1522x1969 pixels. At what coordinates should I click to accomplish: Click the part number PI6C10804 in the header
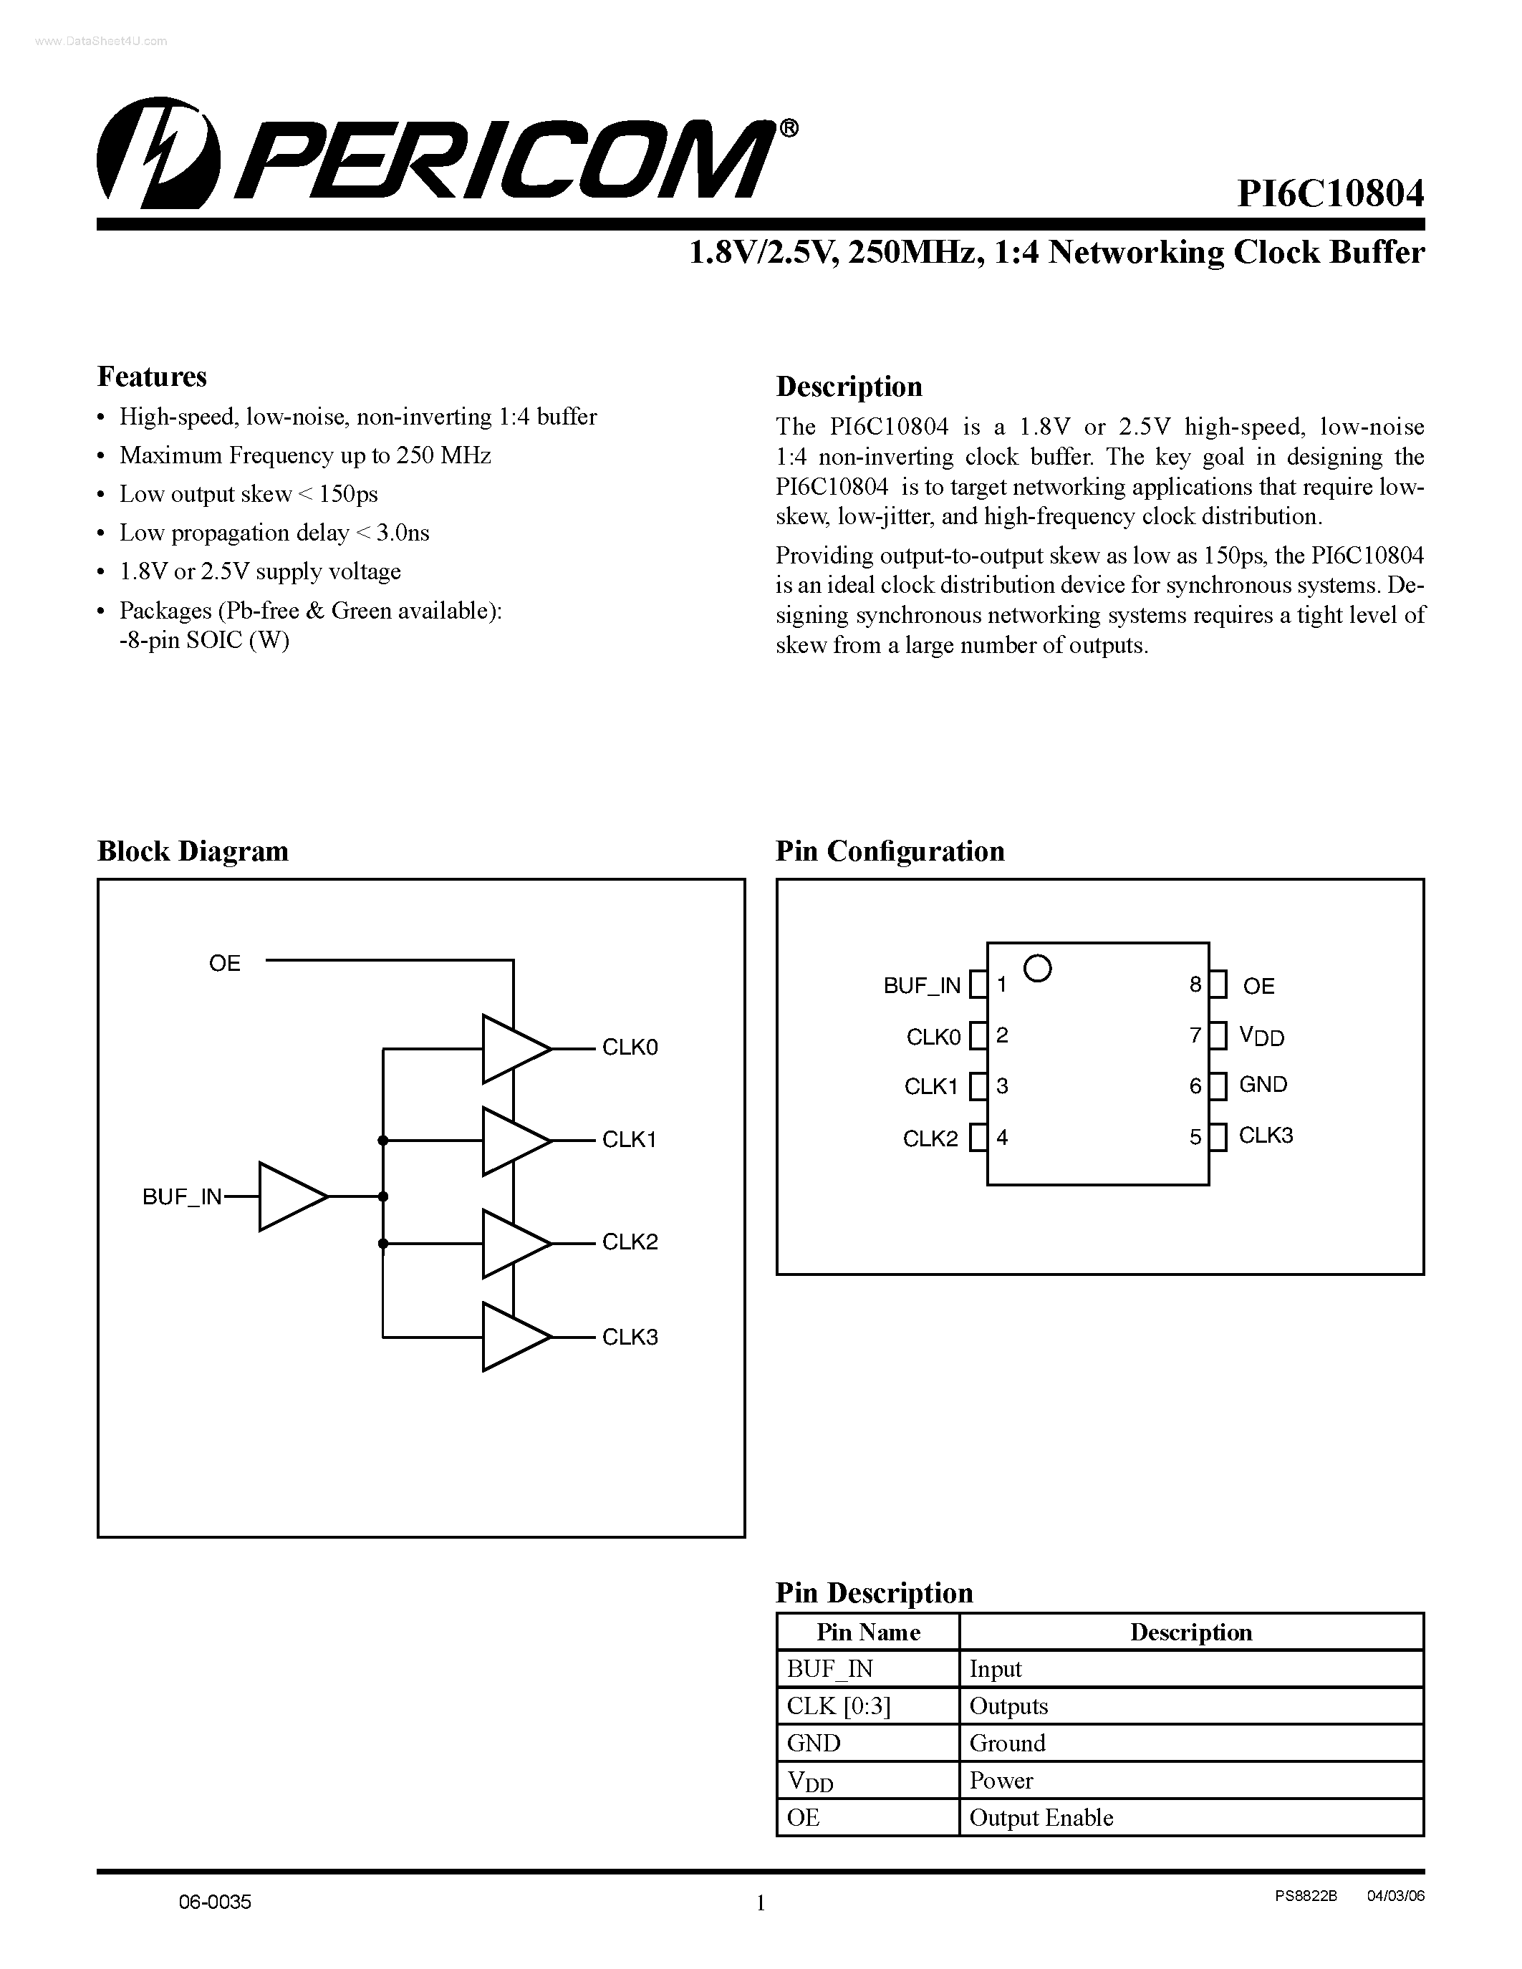(x=1330, y=194)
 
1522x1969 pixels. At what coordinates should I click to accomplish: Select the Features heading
(x=151, y=377)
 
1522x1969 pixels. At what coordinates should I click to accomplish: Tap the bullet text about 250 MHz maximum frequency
(x=305, y=455)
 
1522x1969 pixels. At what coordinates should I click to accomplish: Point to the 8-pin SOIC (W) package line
(x=205, y=640)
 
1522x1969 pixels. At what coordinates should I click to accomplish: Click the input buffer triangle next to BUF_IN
(x=290, y=1196)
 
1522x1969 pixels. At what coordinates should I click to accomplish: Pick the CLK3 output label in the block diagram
(x=630, y=1337)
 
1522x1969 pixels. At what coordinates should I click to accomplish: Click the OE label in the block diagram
(x=224, y=964)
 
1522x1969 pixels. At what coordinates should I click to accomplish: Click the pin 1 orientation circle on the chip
(x=1039, y=968)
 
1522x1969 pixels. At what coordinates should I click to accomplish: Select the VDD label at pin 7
(x=1261, y=1037)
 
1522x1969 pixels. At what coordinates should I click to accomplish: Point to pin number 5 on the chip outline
(x=1195, y=1137)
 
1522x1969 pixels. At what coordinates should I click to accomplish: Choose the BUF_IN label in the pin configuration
(x=922, y=985)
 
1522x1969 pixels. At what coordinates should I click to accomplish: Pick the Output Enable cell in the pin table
(x=1041, y=1817)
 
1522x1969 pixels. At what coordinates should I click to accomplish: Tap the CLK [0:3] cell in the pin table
(x=839, y=1706)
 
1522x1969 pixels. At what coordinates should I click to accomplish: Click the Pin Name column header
(x=867, y=1632)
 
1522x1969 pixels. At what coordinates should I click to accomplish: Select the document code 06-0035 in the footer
(x=215, y=1902)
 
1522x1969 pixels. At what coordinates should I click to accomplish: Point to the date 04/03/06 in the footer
(x=1396, y=1896)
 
